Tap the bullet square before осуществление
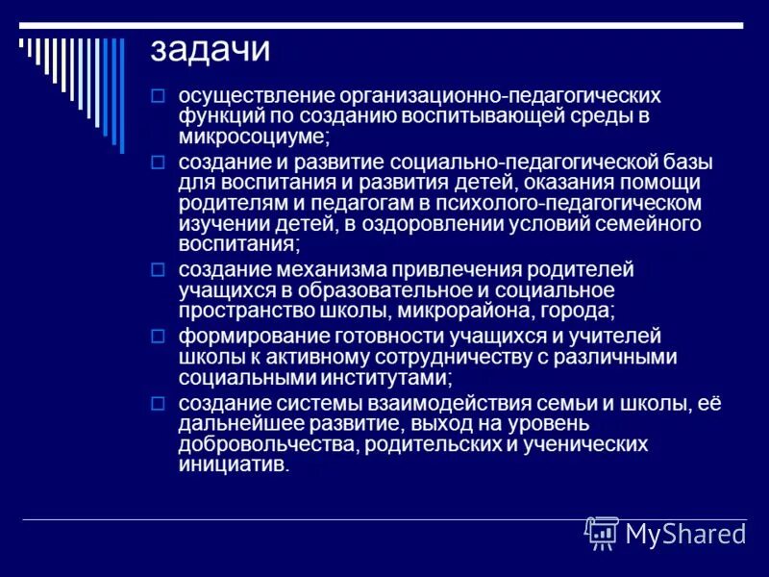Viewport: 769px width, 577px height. click(160, 96)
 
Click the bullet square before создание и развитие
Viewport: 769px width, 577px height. click(160, 162)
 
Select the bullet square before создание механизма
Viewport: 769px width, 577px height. click(160, 269)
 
